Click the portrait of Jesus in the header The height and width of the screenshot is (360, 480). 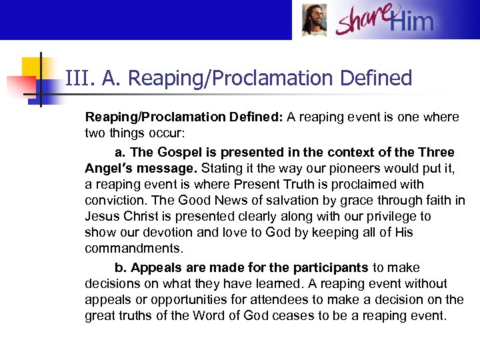tap(314, 20)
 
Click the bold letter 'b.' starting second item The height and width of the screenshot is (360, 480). tap(121, 267)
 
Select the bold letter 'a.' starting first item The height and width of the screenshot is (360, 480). tap(120, 152)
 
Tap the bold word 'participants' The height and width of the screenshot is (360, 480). tap(329, 267)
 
